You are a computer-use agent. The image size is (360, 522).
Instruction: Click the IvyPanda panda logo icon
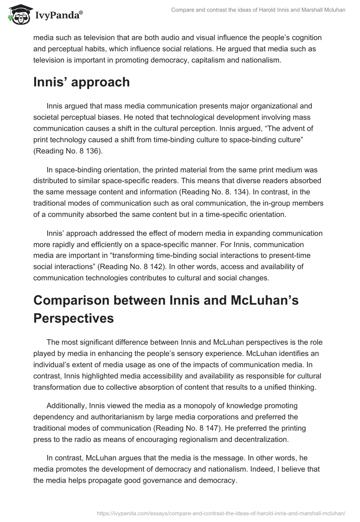pos(18,14)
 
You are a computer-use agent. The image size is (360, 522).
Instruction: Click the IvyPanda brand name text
pos(58,15)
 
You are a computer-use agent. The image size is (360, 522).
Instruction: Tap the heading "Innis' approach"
pos(81,82)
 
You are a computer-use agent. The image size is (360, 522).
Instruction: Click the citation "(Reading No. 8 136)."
pos(68,152)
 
